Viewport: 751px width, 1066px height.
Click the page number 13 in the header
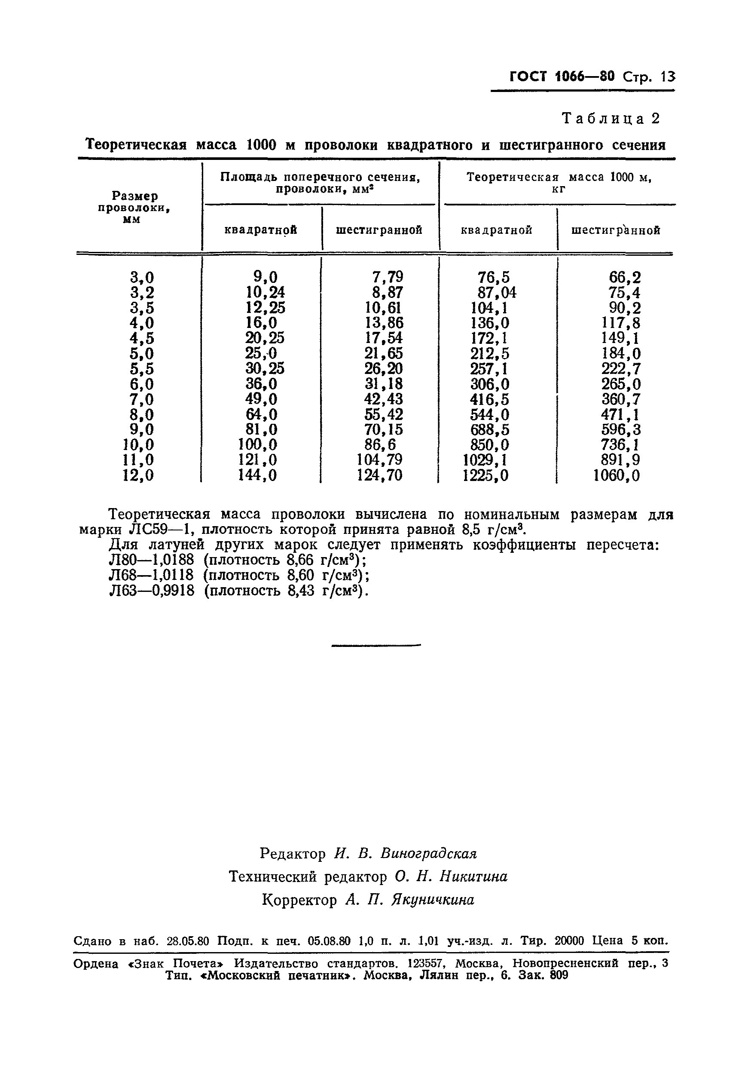click(668, 77)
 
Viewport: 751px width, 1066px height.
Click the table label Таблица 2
click(611, 119)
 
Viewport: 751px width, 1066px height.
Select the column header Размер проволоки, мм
click(134, 208)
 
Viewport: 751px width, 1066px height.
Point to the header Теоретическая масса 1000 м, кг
click(559, 182)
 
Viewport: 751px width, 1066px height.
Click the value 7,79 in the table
click(388, 277)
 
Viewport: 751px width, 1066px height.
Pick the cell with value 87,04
click(497, 292)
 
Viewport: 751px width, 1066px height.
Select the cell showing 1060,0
click(617, 475)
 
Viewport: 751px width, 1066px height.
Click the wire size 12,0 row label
click(138, 475)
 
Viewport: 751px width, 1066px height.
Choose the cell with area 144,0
click(258, 475)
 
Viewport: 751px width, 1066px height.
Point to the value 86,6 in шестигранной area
click(380, 445)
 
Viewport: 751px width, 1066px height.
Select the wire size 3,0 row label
click(142, 278)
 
